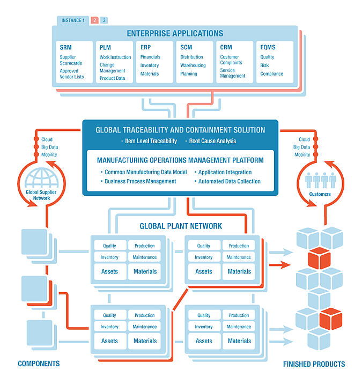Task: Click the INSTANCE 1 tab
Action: click(x=73, y=20)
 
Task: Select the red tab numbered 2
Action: click(x=94, y=20)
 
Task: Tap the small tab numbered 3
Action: click(x=104, y=20)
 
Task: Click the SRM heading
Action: click(x=65, y=47)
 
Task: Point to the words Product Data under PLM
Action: click(x=112, y=78)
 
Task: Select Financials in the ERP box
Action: click(x=150, y=57)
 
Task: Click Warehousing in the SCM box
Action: click(x=193, y=65)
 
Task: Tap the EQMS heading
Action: click(x=268, y=47)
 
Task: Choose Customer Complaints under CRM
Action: click(x=231, y=60)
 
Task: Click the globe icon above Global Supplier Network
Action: click(x=41, y=177)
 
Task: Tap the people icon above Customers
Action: click(x=321, y=180)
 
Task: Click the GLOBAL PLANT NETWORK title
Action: click(x=181, y=226)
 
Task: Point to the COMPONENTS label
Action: click(x=39, y=364)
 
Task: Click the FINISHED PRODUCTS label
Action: click(x=314, y=364)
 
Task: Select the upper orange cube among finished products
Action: click(x=319, y=258)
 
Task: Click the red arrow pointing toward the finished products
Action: click(x=280, y=264)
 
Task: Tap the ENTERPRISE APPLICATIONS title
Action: click(x=175, y=33)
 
